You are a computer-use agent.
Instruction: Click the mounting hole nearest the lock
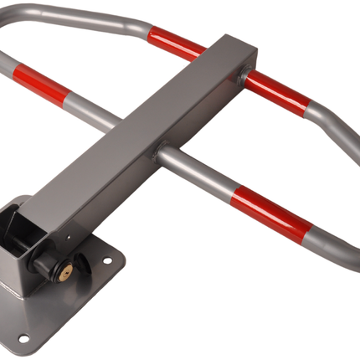106,261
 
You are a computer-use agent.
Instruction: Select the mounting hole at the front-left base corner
23,338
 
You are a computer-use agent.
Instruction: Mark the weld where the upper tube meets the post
242,77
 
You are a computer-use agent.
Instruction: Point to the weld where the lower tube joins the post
158,152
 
